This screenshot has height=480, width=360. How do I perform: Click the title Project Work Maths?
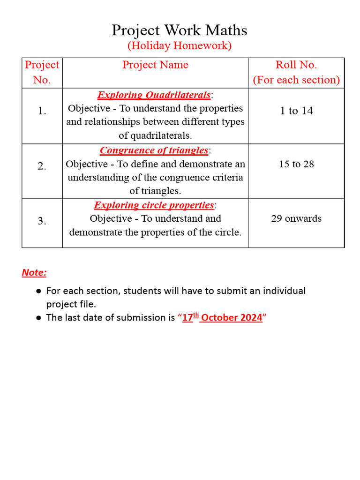(x=180, y=30)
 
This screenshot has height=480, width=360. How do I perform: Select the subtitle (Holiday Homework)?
(x=180, y=46)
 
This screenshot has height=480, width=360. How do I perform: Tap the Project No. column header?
(x=42, y=72)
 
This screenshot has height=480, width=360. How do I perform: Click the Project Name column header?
(x=155, y=65)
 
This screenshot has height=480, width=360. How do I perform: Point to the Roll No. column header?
(x=296, y=72)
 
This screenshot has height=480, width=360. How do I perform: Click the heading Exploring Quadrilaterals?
(x=154, y=95)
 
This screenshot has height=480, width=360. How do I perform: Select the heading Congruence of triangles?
(x=154, y=150)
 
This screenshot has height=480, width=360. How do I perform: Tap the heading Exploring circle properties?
(x=154, y=205)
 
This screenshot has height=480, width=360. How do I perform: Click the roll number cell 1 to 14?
(x=296, y=111)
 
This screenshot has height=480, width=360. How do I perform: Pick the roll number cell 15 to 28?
(x=296, y=164)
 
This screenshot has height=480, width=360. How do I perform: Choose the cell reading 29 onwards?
(x=296, y=218)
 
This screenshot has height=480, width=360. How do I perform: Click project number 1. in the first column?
(x=42, y=111)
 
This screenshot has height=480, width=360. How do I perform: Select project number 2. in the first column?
(x=42, y=166)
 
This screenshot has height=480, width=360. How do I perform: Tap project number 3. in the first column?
(x=42, y=221)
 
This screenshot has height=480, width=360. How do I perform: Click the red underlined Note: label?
(x=34, y=273)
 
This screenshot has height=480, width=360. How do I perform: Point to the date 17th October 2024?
(x=222, y=317)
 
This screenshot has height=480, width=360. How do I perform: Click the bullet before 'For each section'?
(x=38, y=291)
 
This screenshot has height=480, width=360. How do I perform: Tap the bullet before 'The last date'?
(x=38, y=318)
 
